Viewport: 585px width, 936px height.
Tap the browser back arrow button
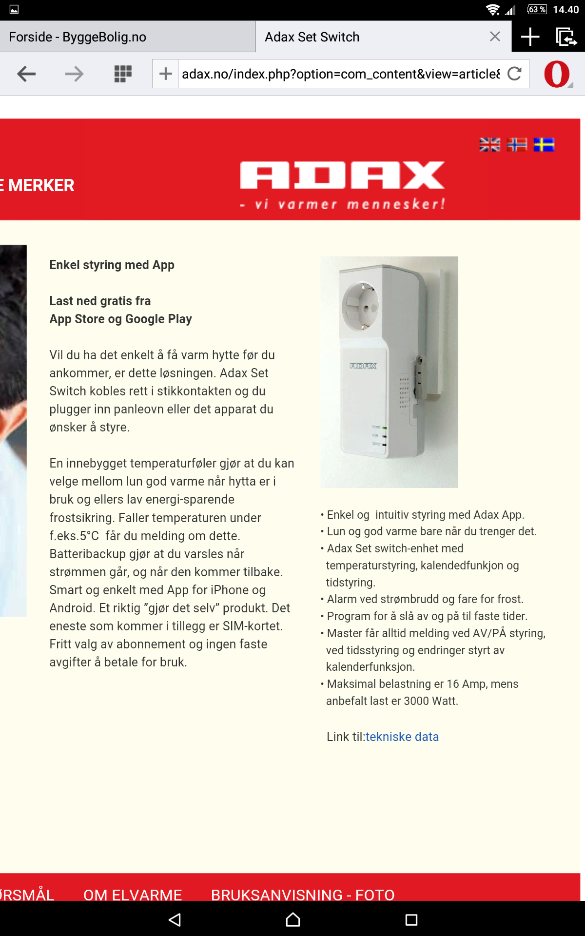tap(26, 74)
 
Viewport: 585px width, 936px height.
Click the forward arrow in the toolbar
tap(74, 74)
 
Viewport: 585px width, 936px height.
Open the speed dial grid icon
tap(123, 74)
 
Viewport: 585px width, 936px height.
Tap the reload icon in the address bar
tap(515, 74)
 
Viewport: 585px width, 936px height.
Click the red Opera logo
tap(557, 74)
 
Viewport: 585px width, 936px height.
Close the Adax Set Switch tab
tap(495, 37)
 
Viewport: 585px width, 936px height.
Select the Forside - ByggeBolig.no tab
tap(78, 37)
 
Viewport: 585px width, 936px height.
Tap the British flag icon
tap(489, 145)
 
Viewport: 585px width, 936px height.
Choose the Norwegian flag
tap(517, 145)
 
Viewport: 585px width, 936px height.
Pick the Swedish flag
tap(544, 145)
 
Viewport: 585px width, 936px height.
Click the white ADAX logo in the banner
tap(342, 175)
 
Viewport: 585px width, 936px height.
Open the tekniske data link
tap(402, 737)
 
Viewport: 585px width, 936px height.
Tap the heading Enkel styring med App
tap(112, 265)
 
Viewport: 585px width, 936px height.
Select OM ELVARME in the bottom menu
tap(133, 895)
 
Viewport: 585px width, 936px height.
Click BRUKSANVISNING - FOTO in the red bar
tap(303, 895)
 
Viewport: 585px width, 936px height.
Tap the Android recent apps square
tap(411, 920)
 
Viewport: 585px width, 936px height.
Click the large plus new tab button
tap(530, 37)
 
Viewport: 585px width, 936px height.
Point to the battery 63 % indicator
tap(537, 9)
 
